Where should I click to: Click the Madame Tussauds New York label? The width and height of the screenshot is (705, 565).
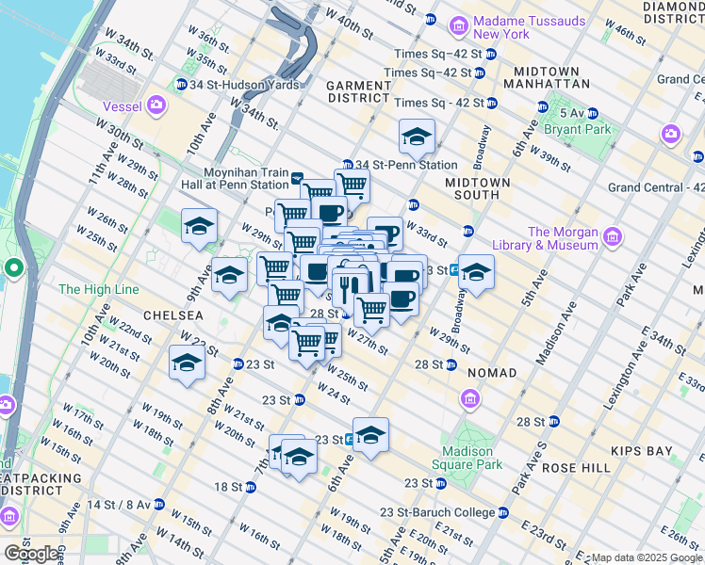[x=515, y=27]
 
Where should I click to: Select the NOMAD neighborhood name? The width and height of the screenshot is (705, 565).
[x=492, y=373]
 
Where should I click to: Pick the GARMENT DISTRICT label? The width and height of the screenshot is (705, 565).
[x=358, y=91]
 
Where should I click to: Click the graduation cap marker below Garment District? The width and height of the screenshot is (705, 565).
[x=417, y=137]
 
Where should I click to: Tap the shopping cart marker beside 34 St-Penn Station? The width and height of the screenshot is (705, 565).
[x=352, y=185]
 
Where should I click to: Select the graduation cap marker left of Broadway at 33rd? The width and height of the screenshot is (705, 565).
[x=476, y=272]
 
